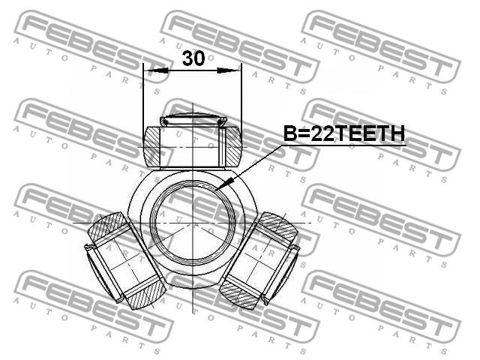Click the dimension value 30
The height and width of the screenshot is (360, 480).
193,58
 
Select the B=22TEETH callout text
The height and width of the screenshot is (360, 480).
344,133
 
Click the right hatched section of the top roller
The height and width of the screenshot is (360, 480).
233,147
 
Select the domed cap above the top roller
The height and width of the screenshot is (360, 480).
193,120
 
